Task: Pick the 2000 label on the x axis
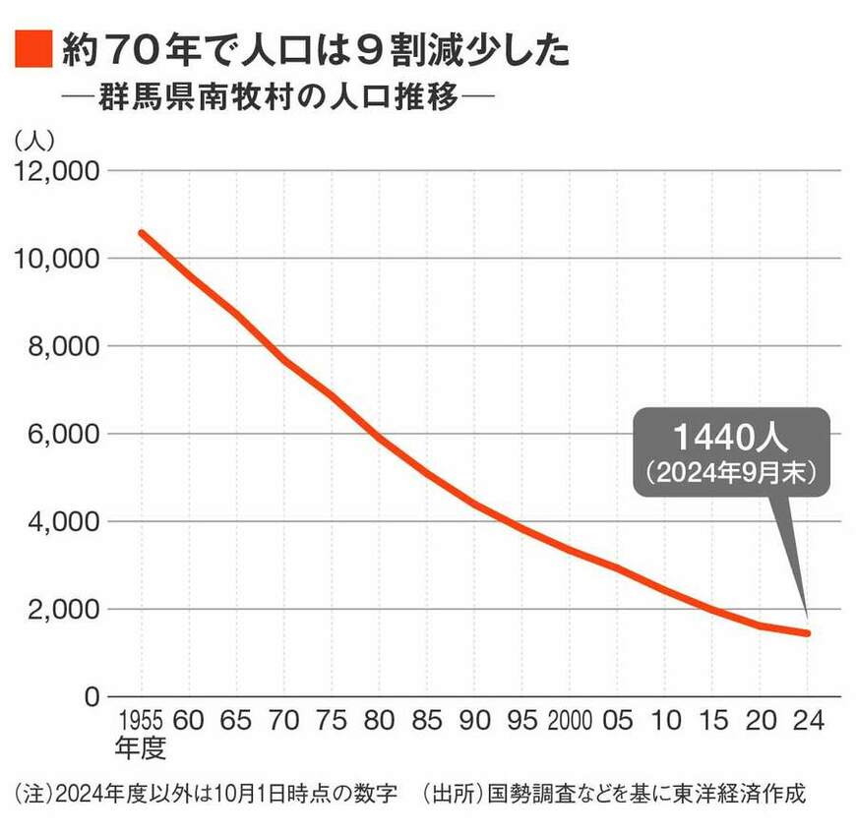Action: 570,721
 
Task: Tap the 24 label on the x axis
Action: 807,721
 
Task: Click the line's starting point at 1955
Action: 142,233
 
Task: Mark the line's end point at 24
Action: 807,633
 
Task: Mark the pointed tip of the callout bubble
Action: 807,618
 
